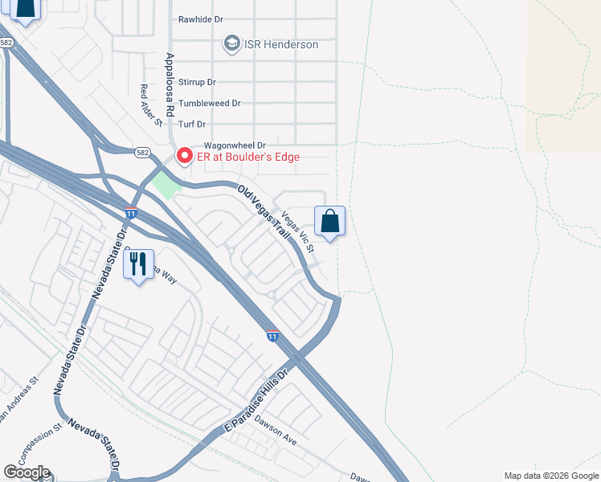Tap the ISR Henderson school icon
[x=231, y=43]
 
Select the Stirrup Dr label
[x=198, y=82]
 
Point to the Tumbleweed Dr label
[x=210, y=103]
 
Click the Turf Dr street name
[x=193, y=124]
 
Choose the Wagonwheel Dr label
[x=212, y=145]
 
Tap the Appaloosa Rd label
[x=169, y=84]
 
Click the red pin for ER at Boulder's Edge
[x=184, y=155]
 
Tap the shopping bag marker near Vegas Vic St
[x=330, y=221]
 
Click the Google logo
[x=27, y=472]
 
